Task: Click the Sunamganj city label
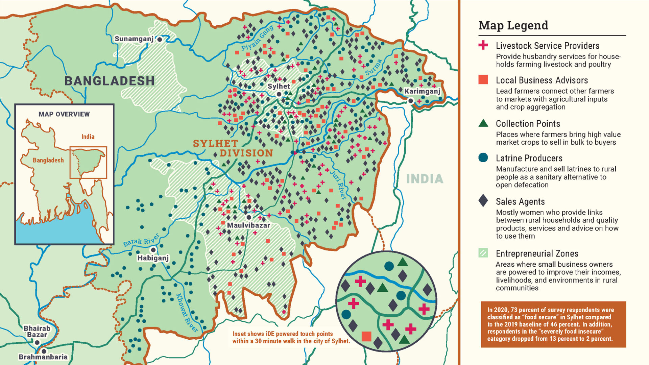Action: tap(134, 39)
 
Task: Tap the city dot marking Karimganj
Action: tap(411, 101)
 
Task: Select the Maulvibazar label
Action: tap(248, 225)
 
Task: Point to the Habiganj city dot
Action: tap(153, 250)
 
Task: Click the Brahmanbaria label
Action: tap(43, 357)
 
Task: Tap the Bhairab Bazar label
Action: tap(37, 332)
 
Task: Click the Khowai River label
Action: tap(187, 313)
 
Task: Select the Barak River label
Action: tap(141, 240)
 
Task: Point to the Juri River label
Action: tap(338, 185)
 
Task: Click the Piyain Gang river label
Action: tap(257, 38)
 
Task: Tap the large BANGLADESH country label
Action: tap(110, 81)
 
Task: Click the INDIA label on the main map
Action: tap(425, 179)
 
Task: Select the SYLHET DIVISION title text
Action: tap(233, 148)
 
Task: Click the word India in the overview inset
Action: tap(88, 137)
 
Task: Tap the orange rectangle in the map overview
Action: tap(88, 162)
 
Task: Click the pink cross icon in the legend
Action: tap(483, 45)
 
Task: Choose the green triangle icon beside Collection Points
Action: tap(483, 123)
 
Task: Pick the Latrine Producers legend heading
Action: tap(529, 158)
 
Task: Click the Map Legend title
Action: tap(513, 25)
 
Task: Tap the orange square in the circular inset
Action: tap(366, 336)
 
